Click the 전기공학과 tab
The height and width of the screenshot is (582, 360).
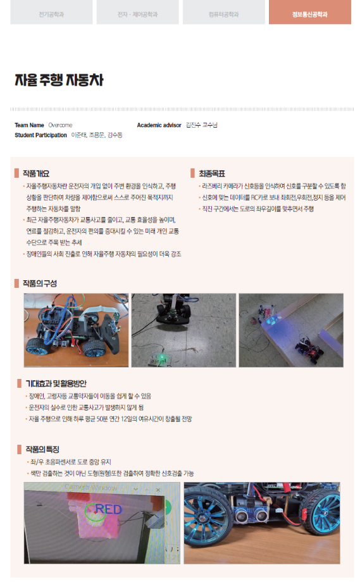[x=52, y=13]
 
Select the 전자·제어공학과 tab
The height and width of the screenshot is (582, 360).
[x=138, y=13]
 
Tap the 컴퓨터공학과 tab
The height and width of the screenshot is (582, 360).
[x=224, y=13]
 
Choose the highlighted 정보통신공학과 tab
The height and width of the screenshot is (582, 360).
[x=310, y=13]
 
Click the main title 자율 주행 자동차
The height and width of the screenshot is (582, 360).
[x=59, y=81]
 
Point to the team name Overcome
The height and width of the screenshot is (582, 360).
[x=60, y=125]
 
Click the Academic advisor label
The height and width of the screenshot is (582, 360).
[x=159, y=125]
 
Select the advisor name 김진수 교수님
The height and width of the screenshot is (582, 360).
[x=201, y=125]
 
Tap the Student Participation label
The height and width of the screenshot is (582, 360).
[x=40, y=135]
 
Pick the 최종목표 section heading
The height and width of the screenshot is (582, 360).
[x=212, y=173]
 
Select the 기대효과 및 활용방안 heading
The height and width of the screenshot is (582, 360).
[x=56, y=383]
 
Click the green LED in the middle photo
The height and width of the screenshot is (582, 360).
[x=163, y=359]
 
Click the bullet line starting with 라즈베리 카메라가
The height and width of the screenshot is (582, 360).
[x=273, y=186]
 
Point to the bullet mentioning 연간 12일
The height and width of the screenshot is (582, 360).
[x=109, y=419]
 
